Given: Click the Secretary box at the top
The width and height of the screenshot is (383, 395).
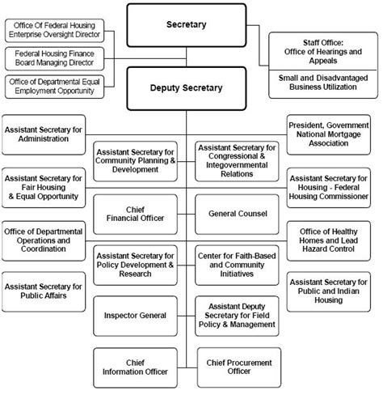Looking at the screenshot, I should coord(187,25).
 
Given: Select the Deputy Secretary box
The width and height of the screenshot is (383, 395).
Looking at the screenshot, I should coord(187,86).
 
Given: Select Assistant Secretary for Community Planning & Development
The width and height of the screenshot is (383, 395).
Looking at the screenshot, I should coord(135,159).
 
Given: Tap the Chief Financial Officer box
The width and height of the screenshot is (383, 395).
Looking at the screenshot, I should coord(135,213).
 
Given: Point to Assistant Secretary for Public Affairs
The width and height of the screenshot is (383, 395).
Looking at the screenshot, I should coord(44,290).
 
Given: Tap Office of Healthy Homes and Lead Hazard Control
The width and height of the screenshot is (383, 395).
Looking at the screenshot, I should coord(328,240).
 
